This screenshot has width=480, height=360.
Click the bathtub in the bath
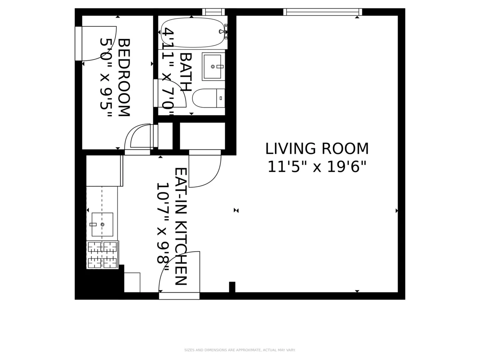pyautogui.click(x=192, y=32)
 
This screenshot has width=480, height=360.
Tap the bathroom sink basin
pyautogui.click(x=212, y=66)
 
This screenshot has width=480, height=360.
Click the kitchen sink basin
pyautogui.click(x=102, y=224)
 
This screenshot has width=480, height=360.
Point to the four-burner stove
pyautogui.click(x=102, y=255)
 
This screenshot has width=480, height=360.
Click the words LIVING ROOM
pyautogui.click(x=317, y=149)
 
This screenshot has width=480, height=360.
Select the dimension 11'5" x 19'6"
pyautogui.click(x=317, y=167)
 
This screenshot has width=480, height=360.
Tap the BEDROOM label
pyautogui.click(x=124, y=77)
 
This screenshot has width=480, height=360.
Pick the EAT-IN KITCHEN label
pyautogui.click(x=180, y=226)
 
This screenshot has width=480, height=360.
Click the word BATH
pyautogui.click(x=185, y=72)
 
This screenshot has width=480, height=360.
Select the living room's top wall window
pyautogui.click(x=322, y=12)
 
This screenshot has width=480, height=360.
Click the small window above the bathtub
pyautogui.click(x=213, y=12)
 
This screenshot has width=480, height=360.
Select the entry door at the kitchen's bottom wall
pyautogui.click(x=179, y=276)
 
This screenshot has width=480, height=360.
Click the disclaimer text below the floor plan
pyautogui.click(x=240, y=350)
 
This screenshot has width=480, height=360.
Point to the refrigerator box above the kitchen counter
pyautogui.click(x=104, y=171)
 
